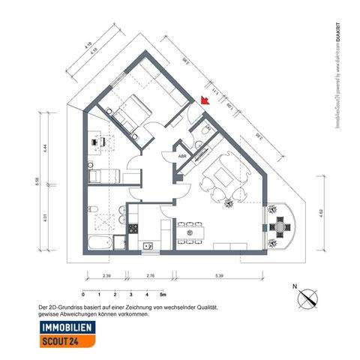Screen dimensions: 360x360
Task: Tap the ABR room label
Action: [182, 156]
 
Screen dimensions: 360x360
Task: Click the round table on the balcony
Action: [280, 226]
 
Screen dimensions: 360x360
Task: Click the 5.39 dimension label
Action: [219, 277]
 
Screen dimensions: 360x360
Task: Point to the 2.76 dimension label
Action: [150, 277]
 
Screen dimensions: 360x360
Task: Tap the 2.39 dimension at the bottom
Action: [106, 277]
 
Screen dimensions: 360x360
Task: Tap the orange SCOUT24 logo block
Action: [68, 342]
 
